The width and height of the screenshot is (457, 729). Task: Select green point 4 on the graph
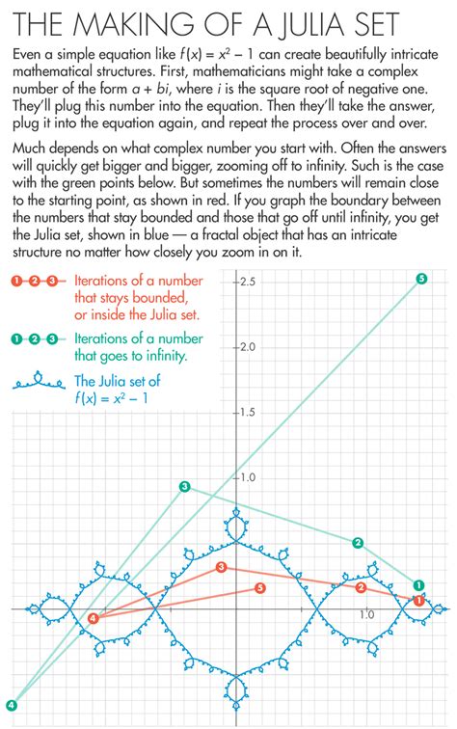click(x=11, y=704)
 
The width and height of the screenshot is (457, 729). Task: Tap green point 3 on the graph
click(x=185, y=487)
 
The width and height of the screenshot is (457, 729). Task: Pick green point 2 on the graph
click(x=358, y=543)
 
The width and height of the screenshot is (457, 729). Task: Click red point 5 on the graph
click(x=259, y=587)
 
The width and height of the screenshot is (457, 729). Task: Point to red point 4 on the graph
click(x=93, y=618)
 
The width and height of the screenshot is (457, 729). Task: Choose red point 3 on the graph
click(x=222, y=568)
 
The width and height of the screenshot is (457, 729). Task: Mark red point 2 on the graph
click(x=361, y=587)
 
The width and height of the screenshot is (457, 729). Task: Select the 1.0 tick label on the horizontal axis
click(x=366, y=614)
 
